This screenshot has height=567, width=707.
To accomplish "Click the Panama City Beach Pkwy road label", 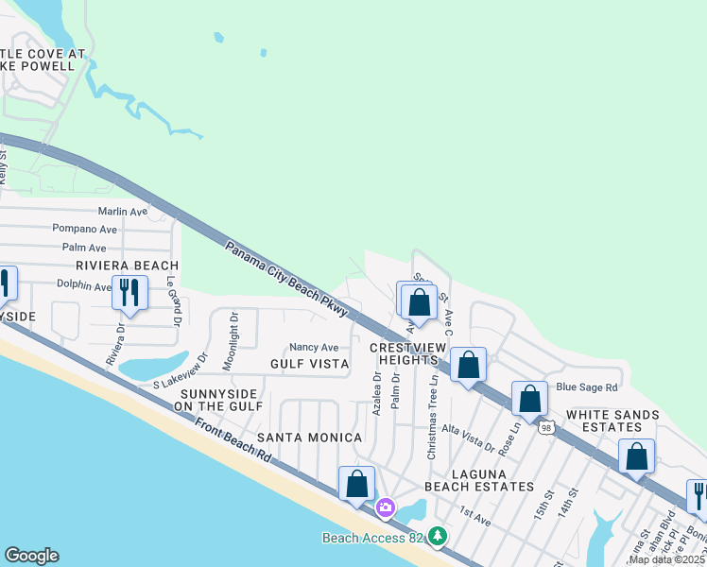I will [x=287, y=280].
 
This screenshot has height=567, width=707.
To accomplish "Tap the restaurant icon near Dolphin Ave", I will [x=129, y=293].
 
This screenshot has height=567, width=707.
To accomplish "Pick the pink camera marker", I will [x=385, y=508].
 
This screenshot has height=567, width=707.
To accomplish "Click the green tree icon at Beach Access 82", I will [x=437, y=537].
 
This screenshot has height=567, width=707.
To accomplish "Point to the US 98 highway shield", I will [x=547, y=428].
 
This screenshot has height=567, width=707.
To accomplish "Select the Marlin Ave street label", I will [x=123, y=212].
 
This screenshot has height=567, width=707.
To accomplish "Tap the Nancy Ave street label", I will [x=314, y=348].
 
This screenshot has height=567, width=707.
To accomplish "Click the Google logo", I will [x=31, y=556].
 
